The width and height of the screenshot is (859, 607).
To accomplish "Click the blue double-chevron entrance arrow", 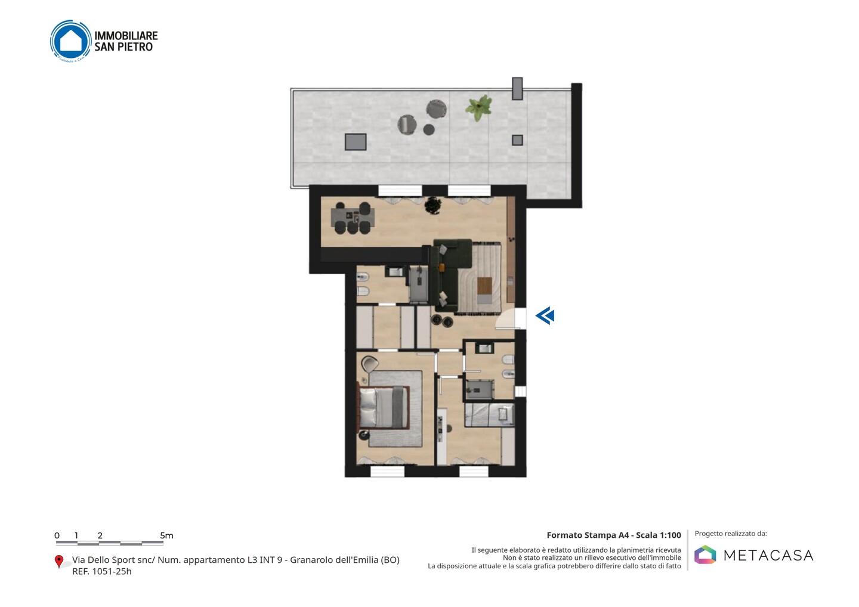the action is [x=545, y=316].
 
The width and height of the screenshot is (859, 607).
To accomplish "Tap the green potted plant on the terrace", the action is [x=478, y=107].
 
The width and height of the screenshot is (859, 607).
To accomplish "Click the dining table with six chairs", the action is [x=353, y=218].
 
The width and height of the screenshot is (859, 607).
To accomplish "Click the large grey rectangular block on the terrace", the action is [x=356, y=142].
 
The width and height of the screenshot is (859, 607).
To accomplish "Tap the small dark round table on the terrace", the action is [x=429, y=129].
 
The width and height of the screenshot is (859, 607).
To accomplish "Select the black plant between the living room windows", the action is [x=433, y=205].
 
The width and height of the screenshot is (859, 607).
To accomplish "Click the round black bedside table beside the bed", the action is [x=363, y=435].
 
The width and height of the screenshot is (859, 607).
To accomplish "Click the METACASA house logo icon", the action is [x=705, y=555].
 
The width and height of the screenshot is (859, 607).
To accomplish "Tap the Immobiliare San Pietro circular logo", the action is [x=71, y=41].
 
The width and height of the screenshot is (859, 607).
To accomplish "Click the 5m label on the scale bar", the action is [x=166, y=535].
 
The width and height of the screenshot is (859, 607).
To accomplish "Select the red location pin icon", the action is [x=58, y=562].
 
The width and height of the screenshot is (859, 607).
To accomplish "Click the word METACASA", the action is [x=768, y=555].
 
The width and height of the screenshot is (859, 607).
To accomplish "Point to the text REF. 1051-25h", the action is [x=102, y=571].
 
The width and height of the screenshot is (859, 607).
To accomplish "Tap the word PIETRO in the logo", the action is [x=135, y=47].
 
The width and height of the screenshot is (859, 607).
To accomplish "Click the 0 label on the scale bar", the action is [x=57, y=535].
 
